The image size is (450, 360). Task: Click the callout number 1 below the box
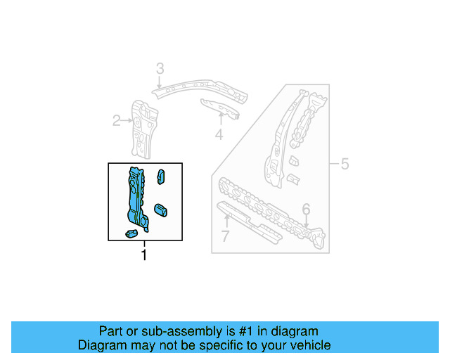(144, 255)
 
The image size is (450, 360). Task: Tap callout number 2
(117, 121)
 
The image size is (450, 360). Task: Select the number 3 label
(160, 68)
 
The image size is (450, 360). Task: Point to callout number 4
(219, 134)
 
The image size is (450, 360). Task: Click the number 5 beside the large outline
(345, 165)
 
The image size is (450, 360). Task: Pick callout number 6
(306, 209)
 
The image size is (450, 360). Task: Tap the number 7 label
(225, 236)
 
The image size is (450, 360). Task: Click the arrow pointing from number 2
(128, 121)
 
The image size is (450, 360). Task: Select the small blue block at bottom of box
(131, 233)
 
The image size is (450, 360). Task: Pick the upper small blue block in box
(161, 176)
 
